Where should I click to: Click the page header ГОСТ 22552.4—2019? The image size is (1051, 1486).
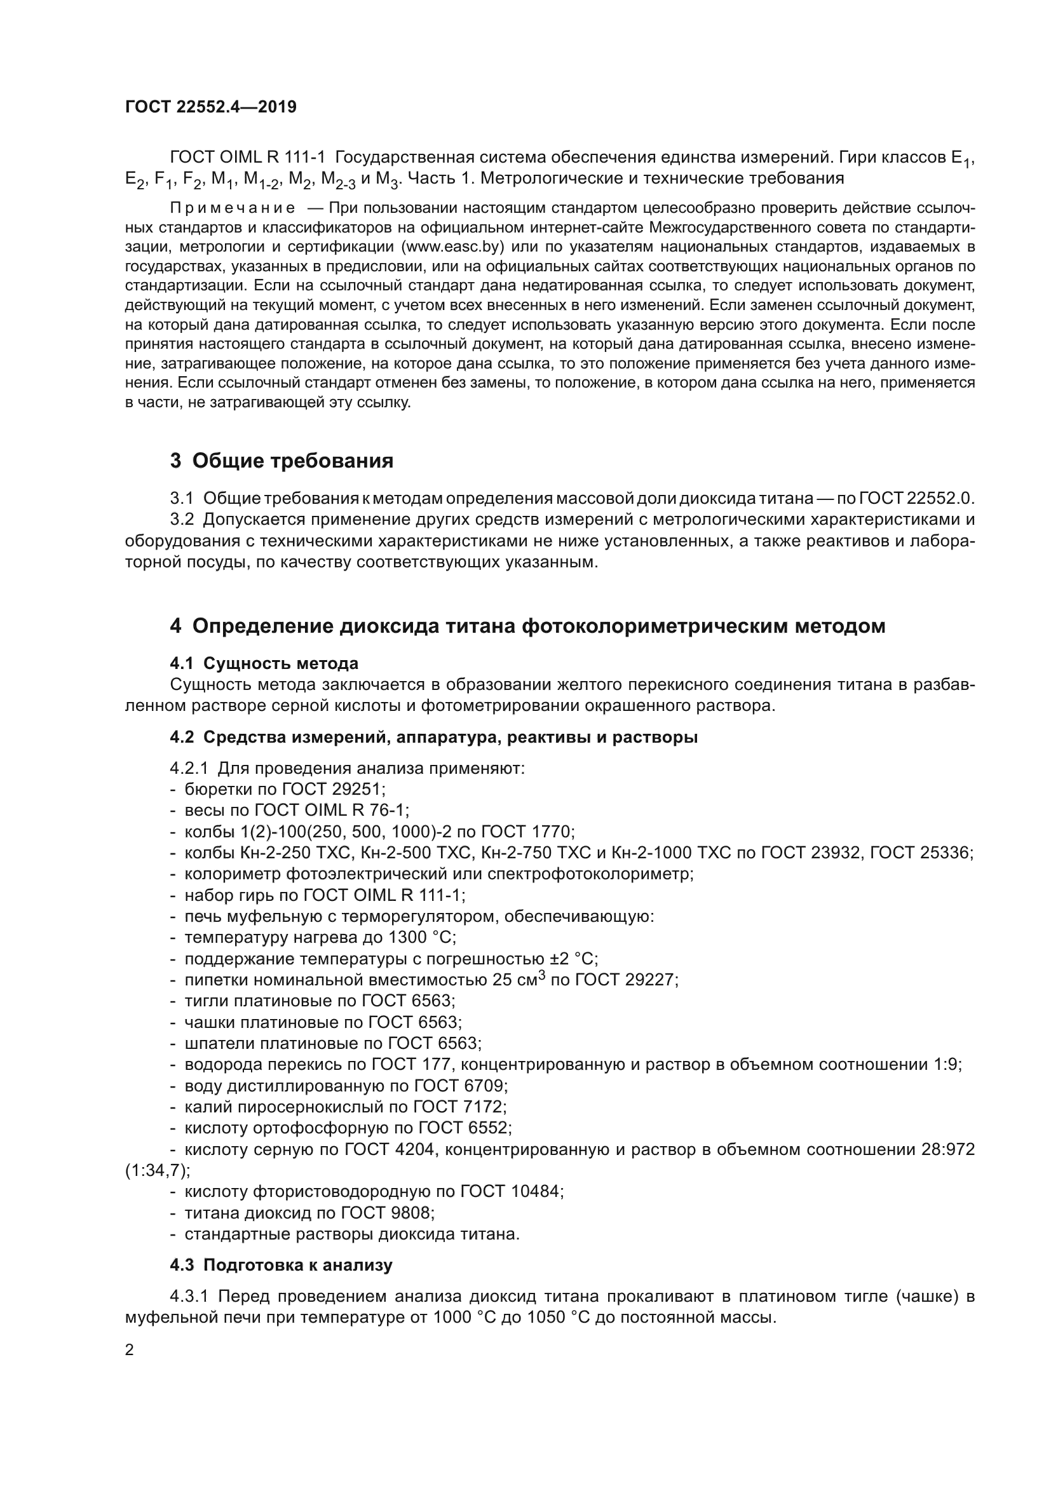211,107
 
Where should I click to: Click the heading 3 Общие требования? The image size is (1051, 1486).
281,461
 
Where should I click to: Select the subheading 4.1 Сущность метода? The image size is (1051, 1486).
264,663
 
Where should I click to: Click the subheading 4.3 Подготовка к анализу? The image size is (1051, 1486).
281,1265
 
